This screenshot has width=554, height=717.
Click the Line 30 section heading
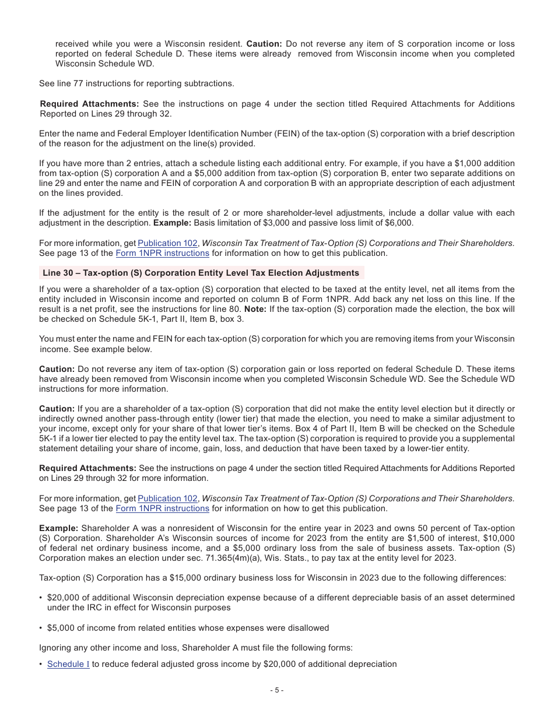[x=201, y=273]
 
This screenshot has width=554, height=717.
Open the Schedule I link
[x=68, y=664]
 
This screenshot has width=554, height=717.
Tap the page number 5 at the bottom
[x=277, y=691]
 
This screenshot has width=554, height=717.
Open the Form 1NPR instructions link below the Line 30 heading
[x=162, y=508]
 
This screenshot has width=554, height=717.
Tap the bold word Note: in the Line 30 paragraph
[x=255, y=309]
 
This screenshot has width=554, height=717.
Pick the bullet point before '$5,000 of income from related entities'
[x=41, y=628]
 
